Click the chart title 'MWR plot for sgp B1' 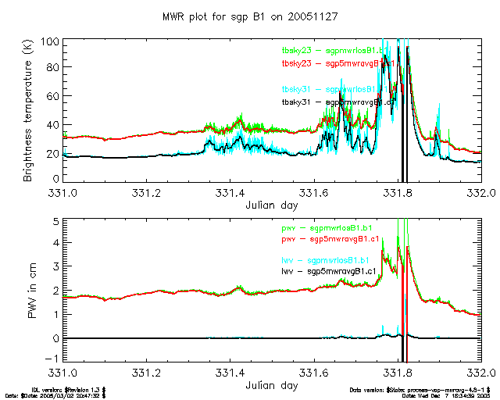click(249, 16)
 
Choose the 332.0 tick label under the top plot click(484, 192)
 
